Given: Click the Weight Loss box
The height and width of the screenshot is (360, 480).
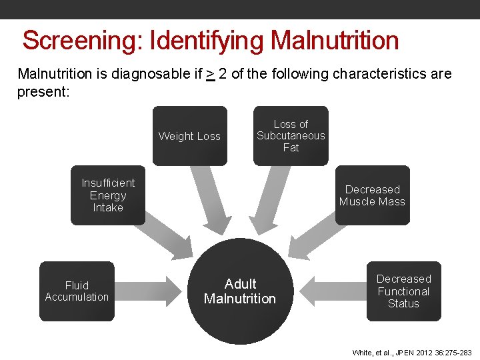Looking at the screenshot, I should pos(189,136).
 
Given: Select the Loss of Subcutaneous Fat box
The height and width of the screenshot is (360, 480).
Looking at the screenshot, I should pos(291,136).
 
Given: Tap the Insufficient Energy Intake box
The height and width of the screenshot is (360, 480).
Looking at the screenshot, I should pos(108,195).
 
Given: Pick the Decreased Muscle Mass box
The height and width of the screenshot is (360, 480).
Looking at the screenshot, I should pos(372,195).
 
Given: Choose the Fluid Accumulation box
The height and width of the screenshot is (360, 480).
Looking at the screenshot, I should pos(77,291).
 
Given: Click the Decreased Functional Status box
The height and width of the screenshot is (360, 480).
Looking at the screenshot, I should pos(403,291).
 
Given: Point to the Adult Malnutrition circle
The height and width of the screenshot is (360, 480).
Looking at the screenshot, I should pos(240,291).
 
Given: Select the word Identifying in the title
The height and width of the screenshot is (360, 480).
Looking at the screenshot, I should pos(207,41).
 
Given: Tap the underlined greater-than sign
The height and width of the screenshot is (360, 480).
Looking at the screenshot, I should pos(210,74).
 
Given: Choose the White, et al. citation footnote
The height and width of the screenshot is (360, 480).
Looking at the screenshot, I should pos(411,353).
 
